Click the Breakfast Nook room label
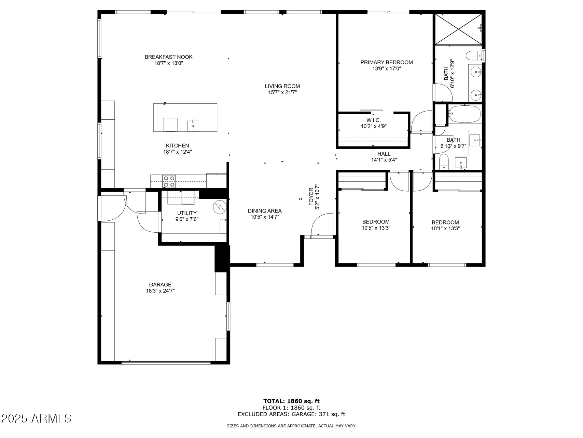168,57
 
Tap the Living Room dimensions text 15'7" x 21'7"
282,92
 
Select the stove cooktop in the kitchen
169,181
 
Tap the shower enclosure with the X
458,29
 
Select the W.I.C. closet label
373,120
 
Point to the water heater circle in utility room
220,206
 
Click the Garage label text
160,285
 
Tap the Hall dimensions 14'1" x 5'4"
384,160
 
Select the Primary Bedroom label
386,62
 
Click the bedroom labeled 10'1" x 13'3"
445,225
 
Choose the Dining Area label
265,211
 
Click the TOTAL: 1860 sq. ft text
291,401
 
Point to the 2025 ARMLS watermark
37,418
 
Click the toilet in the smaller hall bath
444,162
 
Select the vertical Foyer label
311,197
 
